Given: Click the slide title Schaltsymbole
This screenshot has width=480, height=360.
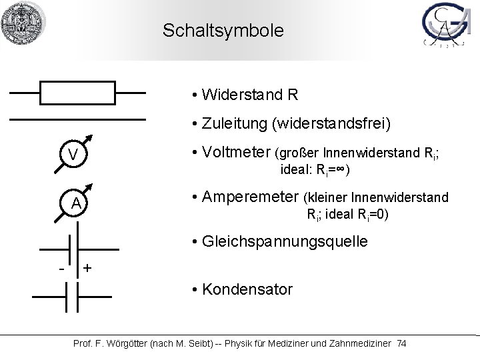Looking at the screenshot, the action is [223, 31].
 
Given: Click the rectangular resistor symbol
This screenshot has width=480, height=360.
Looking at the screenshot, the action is [79, 93].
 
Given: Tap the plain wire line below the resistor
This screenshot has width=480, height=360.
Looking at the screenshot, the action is [77, 119].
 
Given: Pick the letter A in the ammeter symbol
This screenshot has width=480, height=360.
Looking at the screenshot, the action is [77, 203].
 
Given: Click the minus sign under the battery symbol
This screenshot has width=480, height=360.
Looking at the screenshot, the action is [61, 269].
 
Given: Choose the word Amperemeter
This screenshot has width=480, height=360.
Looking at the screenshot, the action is [249, 197].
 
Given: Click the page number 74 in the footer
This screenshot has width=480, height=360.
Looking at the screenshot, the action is [401, 343].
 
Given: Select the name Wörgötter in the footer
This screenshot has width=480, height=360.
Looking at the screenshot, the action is [125, 343].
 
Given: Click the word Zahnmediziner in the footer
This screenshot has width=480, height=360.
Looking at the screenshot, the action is [354, 343].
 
